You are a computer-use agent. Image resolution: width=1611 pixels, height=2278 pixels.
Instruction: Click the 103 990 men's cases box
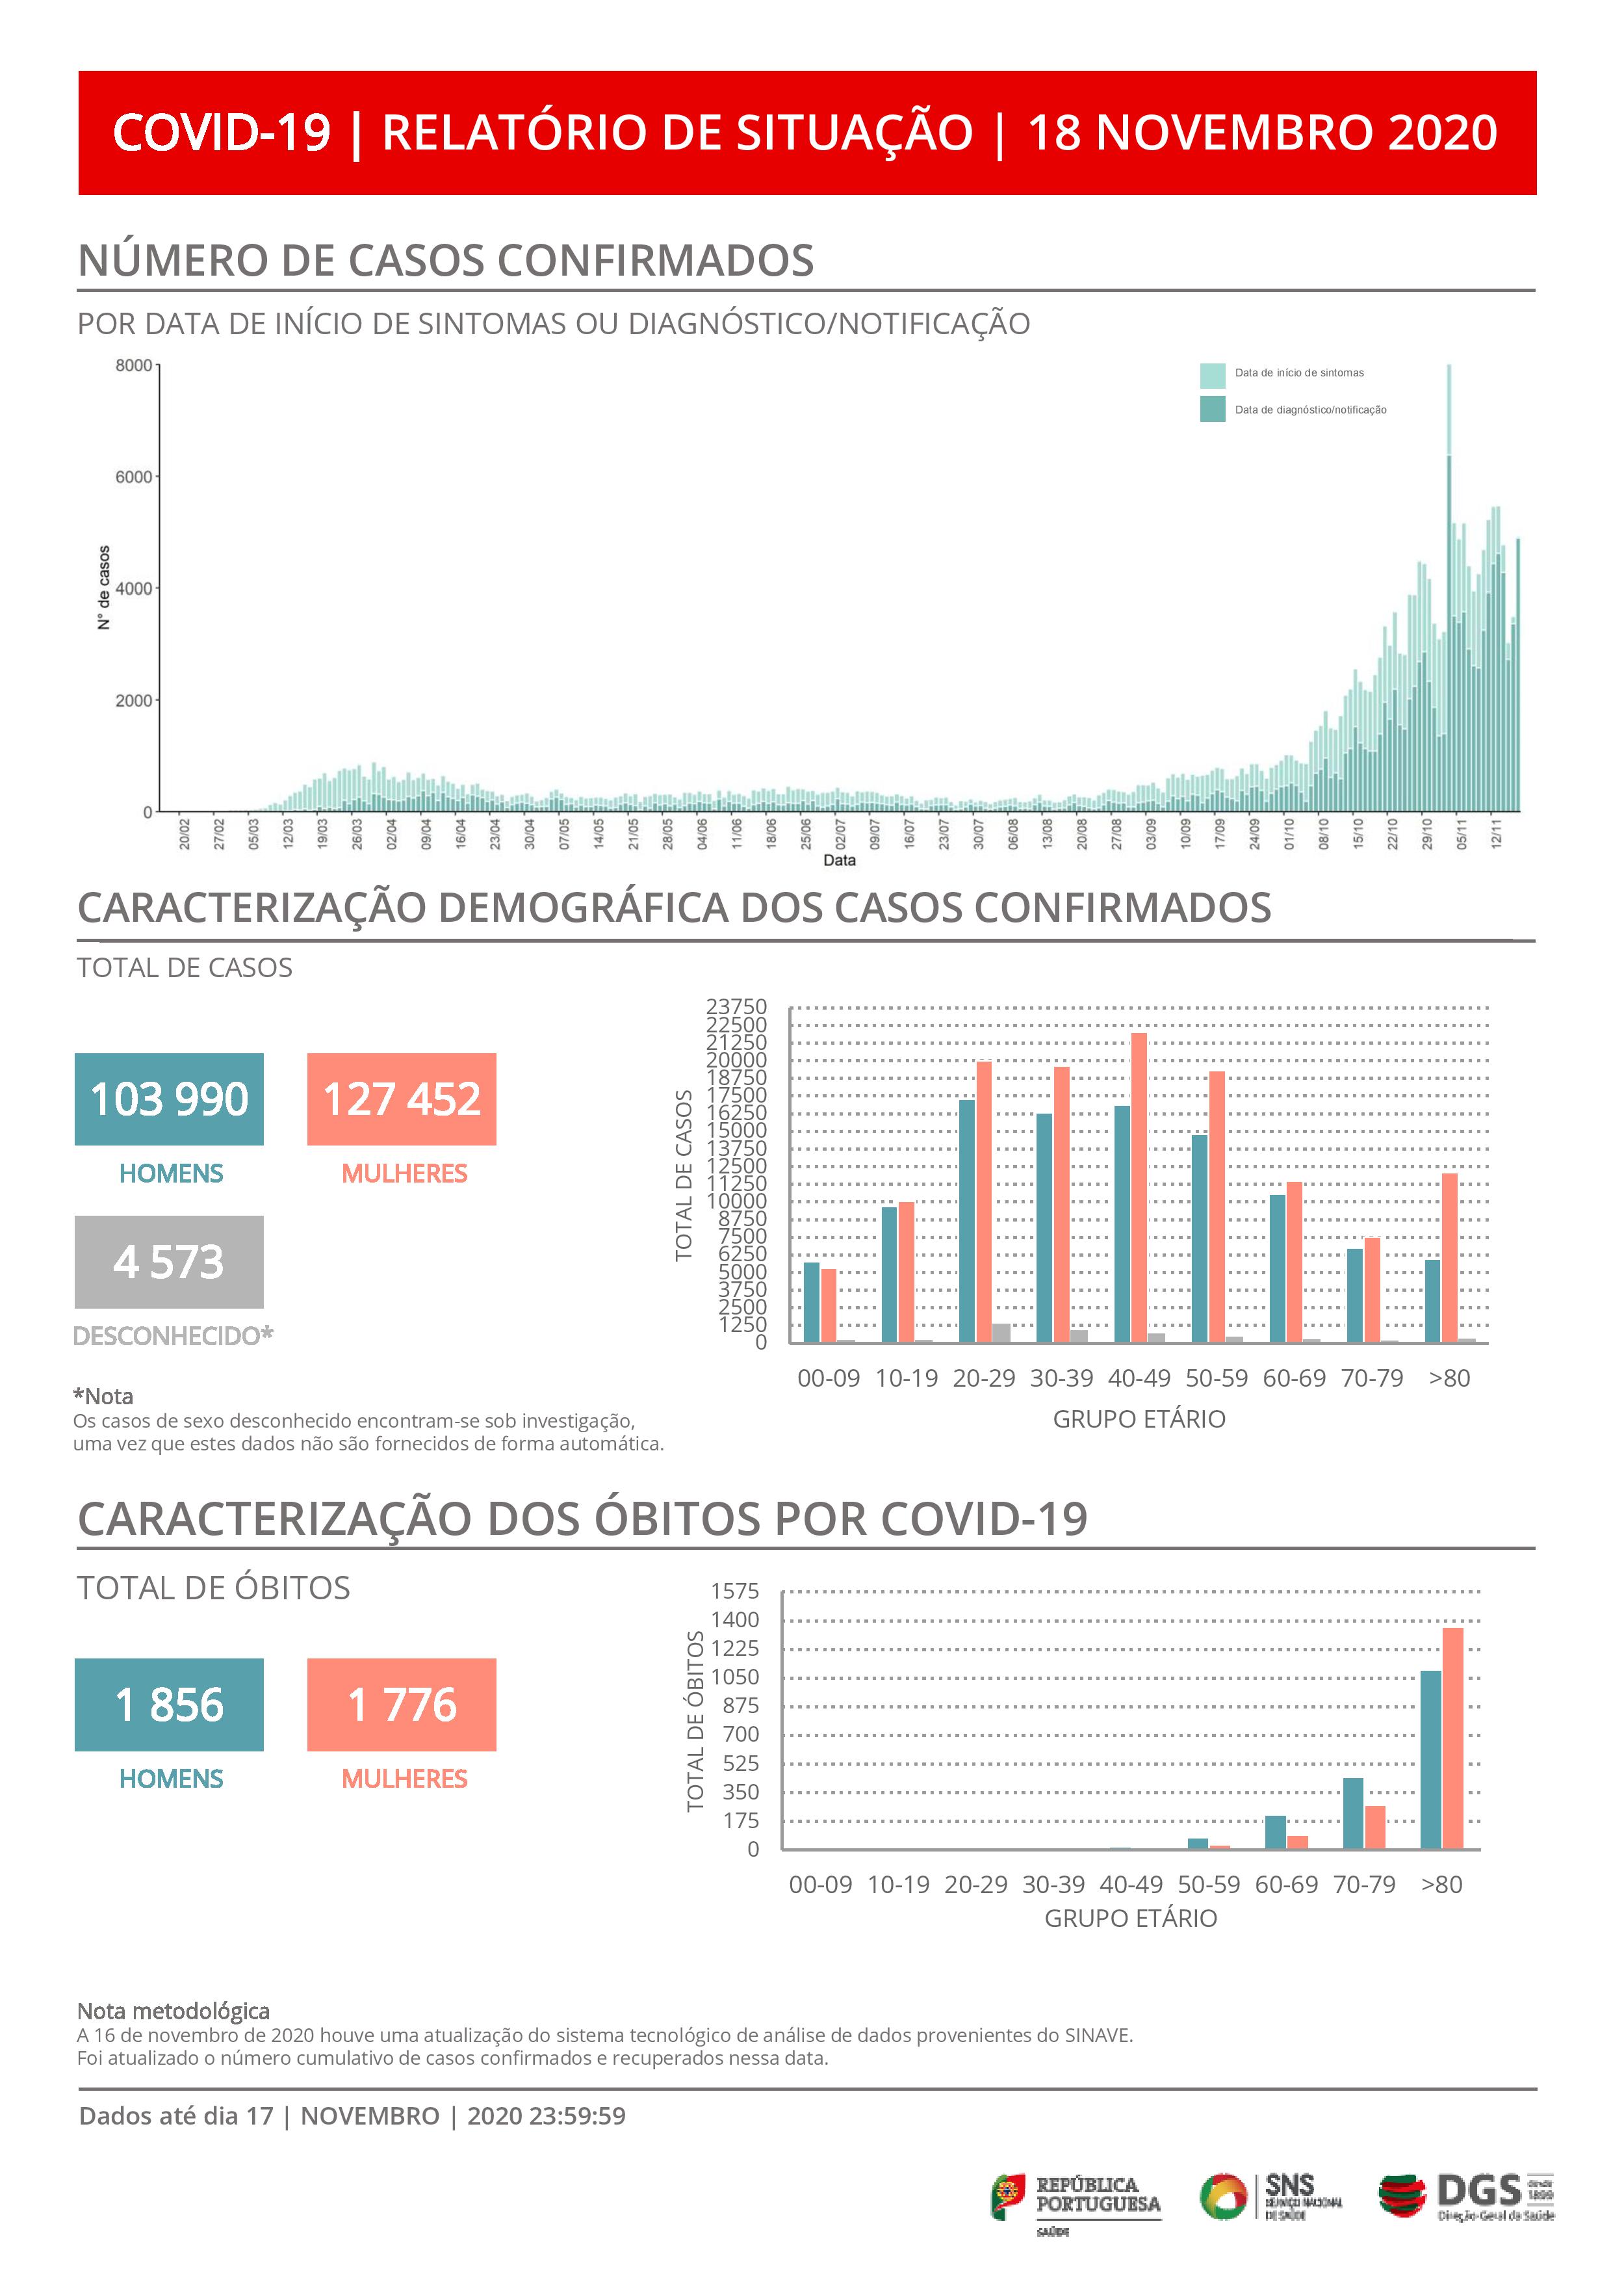tap(169, 1099)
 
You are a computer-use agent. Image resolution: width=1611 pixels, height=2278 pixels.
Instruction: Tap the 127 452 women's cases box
tap(402, 1099)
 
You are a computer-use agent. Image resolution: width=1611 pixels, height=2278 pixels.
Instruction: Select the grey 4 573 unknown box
tap(169, 1262)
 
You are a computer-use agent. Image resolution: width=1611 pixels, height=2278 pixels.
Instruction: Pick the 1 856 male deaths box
tap(169, 1705)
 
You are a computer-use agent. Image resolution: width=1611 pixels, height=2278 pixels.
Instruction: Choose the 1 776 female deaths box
tap(402, 1705)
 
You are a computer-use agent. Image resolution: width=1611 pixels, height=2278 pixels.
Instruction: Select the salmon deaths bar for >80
tap(1452, 1738)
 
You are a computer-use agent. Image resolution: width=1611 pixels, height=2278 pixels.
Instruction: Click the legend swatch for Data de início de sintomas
tap(1212, 375)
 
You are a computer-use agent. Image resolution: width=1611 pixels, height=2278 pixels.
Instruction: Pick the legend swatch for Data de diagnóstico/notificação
tap(1212, 409)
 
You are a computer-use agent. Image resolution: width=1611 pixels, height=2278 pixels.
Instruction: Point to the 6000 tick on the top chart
tap(134, 477)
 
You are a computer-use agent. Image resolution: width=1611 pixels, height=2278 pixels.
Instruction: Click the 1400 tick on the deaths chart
tap(735, 1620)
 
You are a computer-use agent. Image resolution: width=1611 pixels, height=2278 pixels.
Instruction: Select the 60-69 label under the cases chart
tap(1294, 1378)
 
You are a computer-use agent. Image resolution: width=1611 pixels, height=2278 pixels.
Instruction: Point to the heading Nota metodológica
tap(174, 2011)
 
